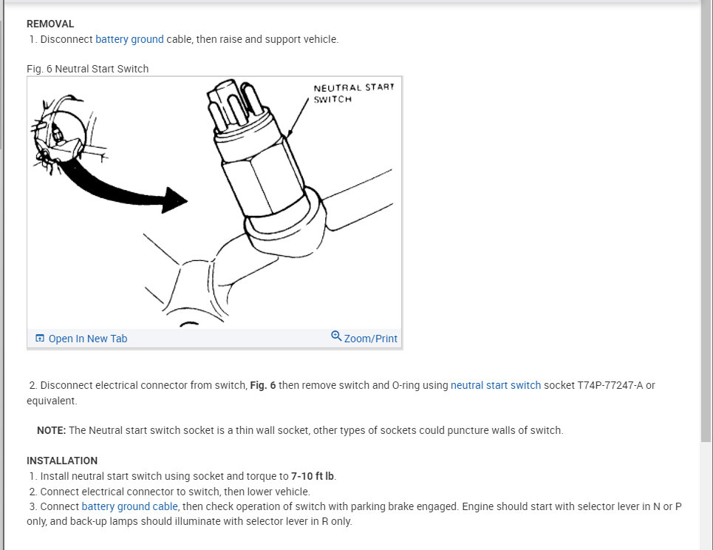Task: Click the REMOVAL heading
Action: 50,24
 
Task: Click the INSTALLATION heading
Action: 62,461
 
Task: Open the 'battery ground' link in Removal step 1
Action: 129,39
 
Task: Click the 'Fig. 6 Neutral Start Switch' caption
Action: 87,69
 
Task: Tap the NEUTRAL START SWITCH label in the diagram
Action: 353,93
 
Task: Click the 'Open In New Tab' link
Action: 87,339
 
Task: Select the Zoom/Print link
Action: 370,339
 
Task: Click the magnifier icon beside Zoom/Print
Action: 336,336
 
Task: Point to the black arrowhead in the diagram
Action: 174,200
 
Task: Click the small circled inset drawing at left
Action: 59,133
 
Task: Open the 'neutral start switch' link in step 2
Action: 496,385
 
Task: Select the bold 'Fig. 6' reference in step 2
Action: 262,385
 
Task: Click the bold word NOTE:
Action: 52,430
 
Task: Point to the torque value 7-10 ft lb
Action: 313,476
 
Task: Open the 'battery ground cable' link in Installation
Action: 129,506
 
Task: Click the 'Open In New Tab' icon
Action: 40,339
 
